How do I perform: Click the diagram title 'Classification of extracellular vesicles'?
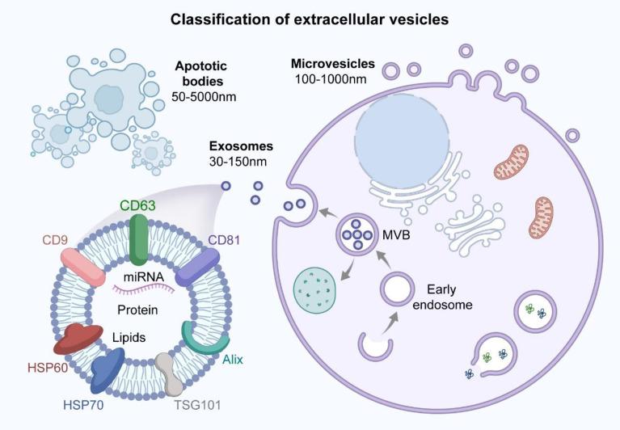click(x=310, y=18)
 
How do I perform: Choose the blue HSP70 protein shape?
click(x=108, y=373)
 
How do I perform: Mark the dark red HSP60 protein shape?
click(x=75, y=340)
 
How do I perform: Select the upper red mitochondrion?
click(x=511, y=162)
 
